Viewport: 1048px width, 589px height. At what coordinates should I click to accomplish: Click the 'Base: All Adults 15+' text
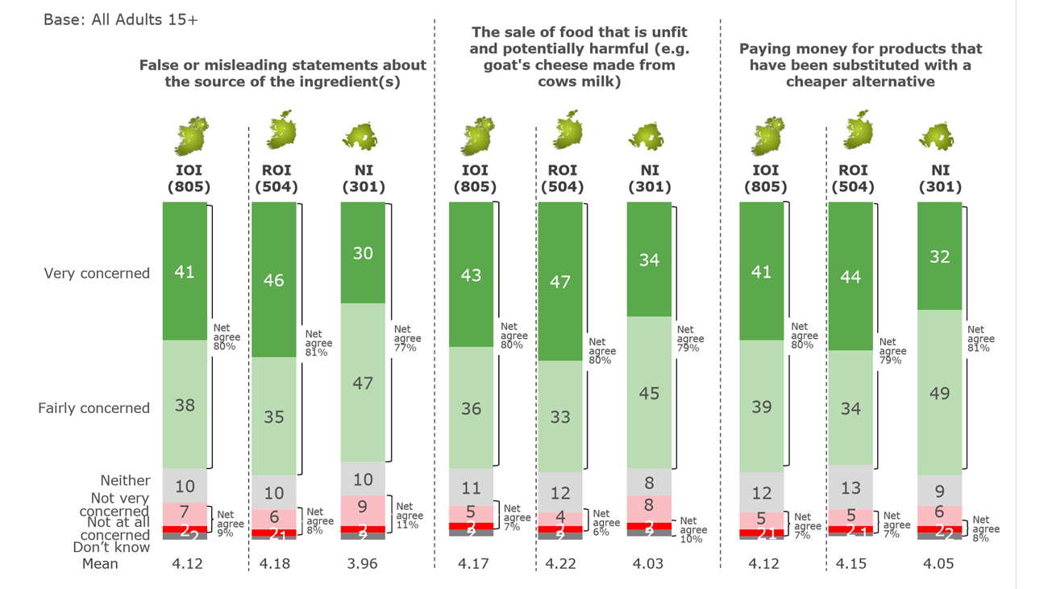pyautogui.click(x=121, y=19)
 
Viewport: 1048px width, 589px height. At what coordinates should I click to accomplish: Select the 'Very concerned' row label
pyautogui.click(x=97, y=274)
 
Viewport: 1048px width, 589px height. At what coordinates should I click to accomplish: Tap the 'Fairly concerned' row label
pyautogui.click(x=94, y=408)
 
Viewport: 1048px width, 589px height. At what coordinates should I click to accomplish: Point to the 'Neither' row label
pyautogui.click(x=125, y=481)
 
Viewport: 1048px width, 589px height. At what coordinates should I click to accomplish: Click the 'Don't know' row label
pyautogui.click(x=111, y=547)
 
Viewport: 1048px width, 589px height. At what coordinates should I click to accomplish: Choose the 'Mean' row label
pyautogui.click(x=100, y=564)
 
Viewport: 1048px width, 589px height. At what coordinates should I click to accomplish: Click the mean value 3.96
pyautogui.click(x=362, y=564)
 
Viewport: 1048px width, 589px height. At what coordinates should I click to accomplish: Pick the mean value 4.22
pyautogui.click(x=560, y=564)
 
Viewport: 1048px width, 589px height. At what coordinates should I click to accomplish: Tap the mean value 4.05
pyautogui.click(x=938, y=564)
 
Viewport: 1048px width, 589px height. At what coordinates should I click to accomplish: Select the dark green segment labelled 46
pyautogui.click(x=274, y=280)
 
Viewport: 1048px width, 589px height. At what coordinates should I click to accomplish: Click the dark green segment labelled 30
pyautogui.click(x=363, y=253)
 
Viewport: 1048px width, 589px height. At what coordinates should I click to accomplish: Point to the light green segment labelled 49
pyautogui.click(x=939, y=393)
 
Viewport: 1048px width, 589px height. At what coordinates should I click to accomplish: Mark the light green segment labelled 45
pyautogui.click(x=649, y=393)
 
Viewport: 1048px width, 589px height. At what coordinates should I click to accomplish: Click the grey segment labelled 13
pyautogui.click(x=850, y=487)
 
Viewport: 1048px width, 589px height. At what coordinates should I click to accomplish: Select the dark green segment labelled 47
pyautogui.click(x=560, y=282)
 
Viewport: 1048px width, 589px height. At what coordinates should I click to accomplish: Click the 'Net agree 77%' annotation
pyautogui.click(x=405, y=338)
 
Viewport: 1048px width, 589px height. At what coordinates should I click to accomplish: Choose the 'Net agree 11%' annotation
pyautogui.click(x=409, y=516)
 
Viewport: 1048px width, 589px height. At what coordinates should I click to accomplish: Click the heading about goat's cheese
pyautogui.click(x=579, y=56)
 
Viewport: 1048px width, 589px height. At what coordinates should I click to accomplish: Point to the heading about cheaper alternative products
pyautogui.click(x=860, y=65)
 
